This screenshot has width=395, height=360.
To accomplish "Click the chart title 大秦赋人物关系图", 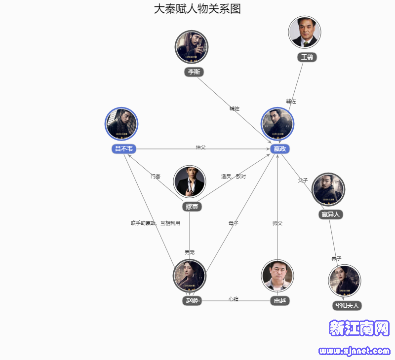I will [197, 9].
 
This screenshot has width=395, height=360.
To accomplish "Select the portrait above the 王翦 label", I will [305, 32].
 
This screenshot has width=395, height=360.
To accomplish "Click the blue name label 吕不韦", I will [123, 149].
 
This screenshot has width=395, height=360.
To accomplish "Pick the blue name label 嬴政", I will [279, 149].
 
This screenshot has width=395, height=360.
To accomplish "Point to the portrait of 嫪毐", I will [190, 181].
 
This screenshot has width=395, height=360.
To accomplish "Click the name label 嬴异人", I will [330, 215].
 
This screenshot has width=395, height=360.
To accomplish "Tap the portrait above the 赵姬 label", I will [190, 276].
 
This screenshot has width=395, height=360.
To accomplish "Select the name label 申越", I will [280, 301].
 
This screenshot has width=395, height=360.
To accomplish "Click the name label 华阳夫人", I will [347, 306].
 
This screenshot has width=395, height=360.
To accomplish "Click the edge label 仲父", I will [200, 147].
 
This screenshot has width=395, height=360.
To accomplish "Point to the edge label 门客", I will [156, 176].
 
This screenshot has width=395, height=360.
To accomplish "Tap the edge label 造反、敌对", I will [233, 176].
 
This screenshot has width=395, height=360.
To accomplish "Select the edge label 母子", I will [233, 223].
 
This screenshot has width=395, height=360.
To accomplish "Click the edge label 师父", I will [277, 223].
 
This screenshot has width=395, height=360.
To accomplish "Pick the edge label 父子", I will [303, 180].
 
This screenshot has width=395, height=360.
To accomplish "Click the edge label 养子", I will [336, 258].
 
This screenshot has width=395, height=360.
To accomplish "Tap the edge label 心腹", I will [234, 299].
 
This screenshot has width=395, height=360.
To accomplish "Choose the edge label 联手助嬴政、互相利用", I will [156, 223].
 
